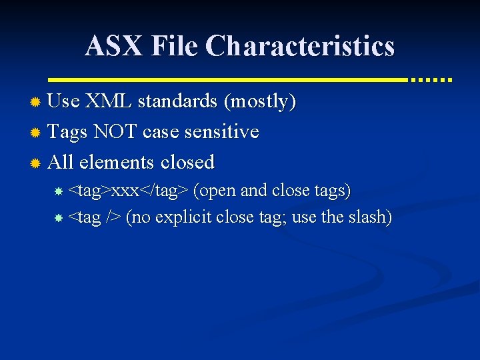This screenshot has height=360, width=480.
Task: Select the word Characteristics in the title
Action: click(x=300, y=46)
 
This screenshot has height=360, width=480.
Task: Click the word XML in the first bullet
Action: click(x=109, y=101)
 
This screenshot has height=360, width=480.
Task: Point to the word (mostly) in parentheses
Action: click(x=260, y=101)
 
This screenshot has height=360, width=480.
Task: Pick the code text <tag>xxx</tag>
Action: click(x=129, y=191)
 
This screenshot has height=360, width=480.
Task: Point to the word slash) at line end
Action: click(x=369, y=217)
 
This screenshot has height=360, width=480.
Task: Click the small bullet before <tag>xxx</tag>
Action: click(x=59, y=191)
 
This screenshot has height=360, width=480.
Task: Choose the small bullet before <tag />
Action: click(x=59, y=218)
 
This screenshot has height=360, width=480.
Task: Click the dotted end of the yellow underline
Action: click(x=431, y=79)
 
